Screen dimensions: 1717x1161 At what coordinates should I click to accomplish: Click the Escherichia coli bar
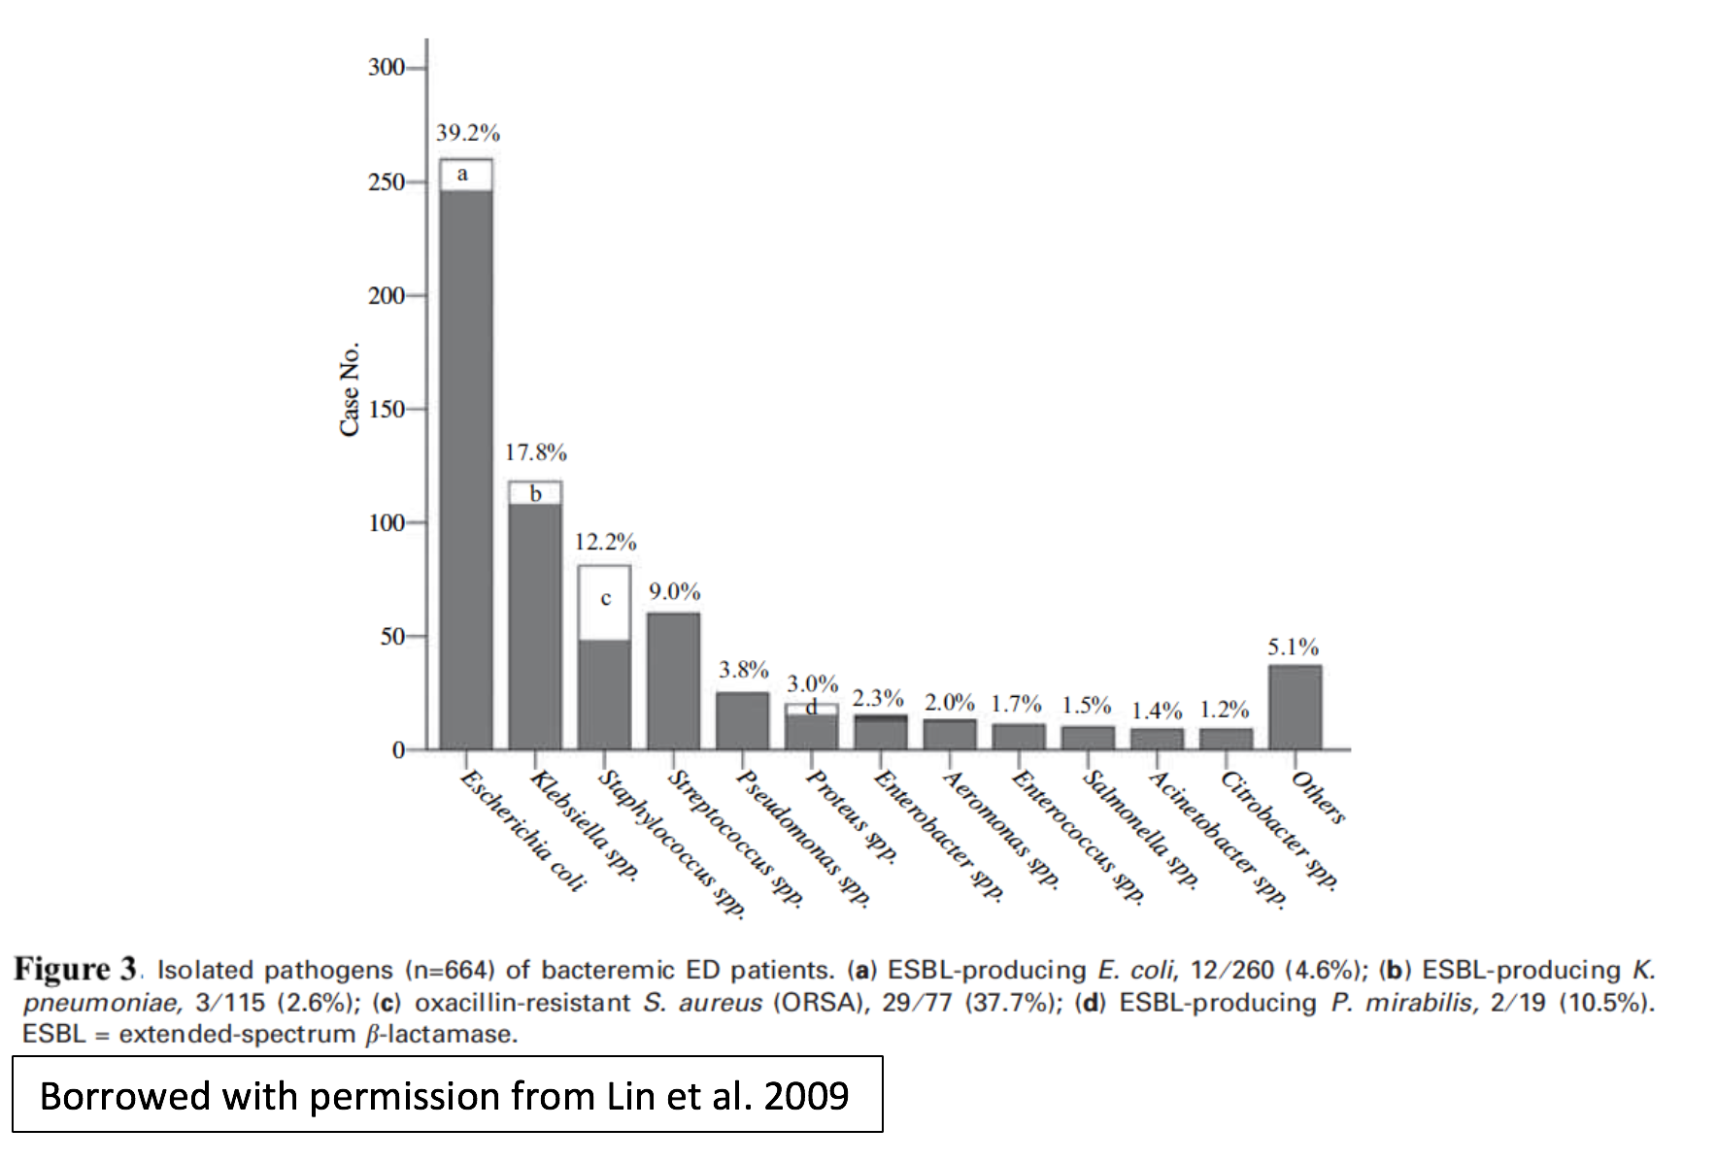pyautogui.click(x=466, y=454)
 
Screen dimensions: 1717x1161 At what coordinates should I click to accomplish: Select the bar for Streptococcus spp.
pyautogui.click(x=673, y=681)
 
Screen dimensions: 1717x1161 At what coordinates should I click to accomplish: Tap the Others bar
pyautogui.click(x=1295, y=708)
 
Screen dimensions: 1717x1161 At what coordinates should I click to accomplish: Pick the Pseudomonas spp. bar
pyautogui.click(x=742, y=720)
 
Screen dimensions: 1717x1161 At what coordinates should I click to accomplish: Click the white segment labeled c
pyautogui.click(x=604, y=603)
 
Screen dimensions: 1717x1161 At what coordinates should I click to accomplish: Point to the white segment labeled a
pyautogui.click(x=466, y=175)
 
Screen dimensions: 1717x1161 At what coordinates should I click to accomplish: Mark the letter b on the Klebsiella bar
pyautogui.click(x=535, y=494)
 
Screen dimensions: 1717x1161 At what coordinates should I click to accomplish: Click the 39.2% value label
pyautogui.click(x=467, y=133)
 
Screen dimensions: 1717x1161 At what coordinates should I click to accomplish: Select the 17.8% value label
pyautogui.click(x=535, y=452)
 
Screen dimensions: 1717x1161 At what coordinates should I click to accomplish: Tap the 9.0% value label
pyautogui.click(x=675, y=592)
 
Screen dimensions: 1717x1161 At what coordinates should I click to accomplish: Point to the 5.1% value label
pyautogui.click(x=1294, y=647)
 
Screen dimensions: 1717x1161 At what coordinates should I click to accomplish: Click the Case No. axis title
pyautogui.click(x=350, y=389)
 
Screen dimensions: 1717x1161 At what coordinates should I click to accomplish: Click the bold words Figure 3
pyautogui.click(x=76, y=969)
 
